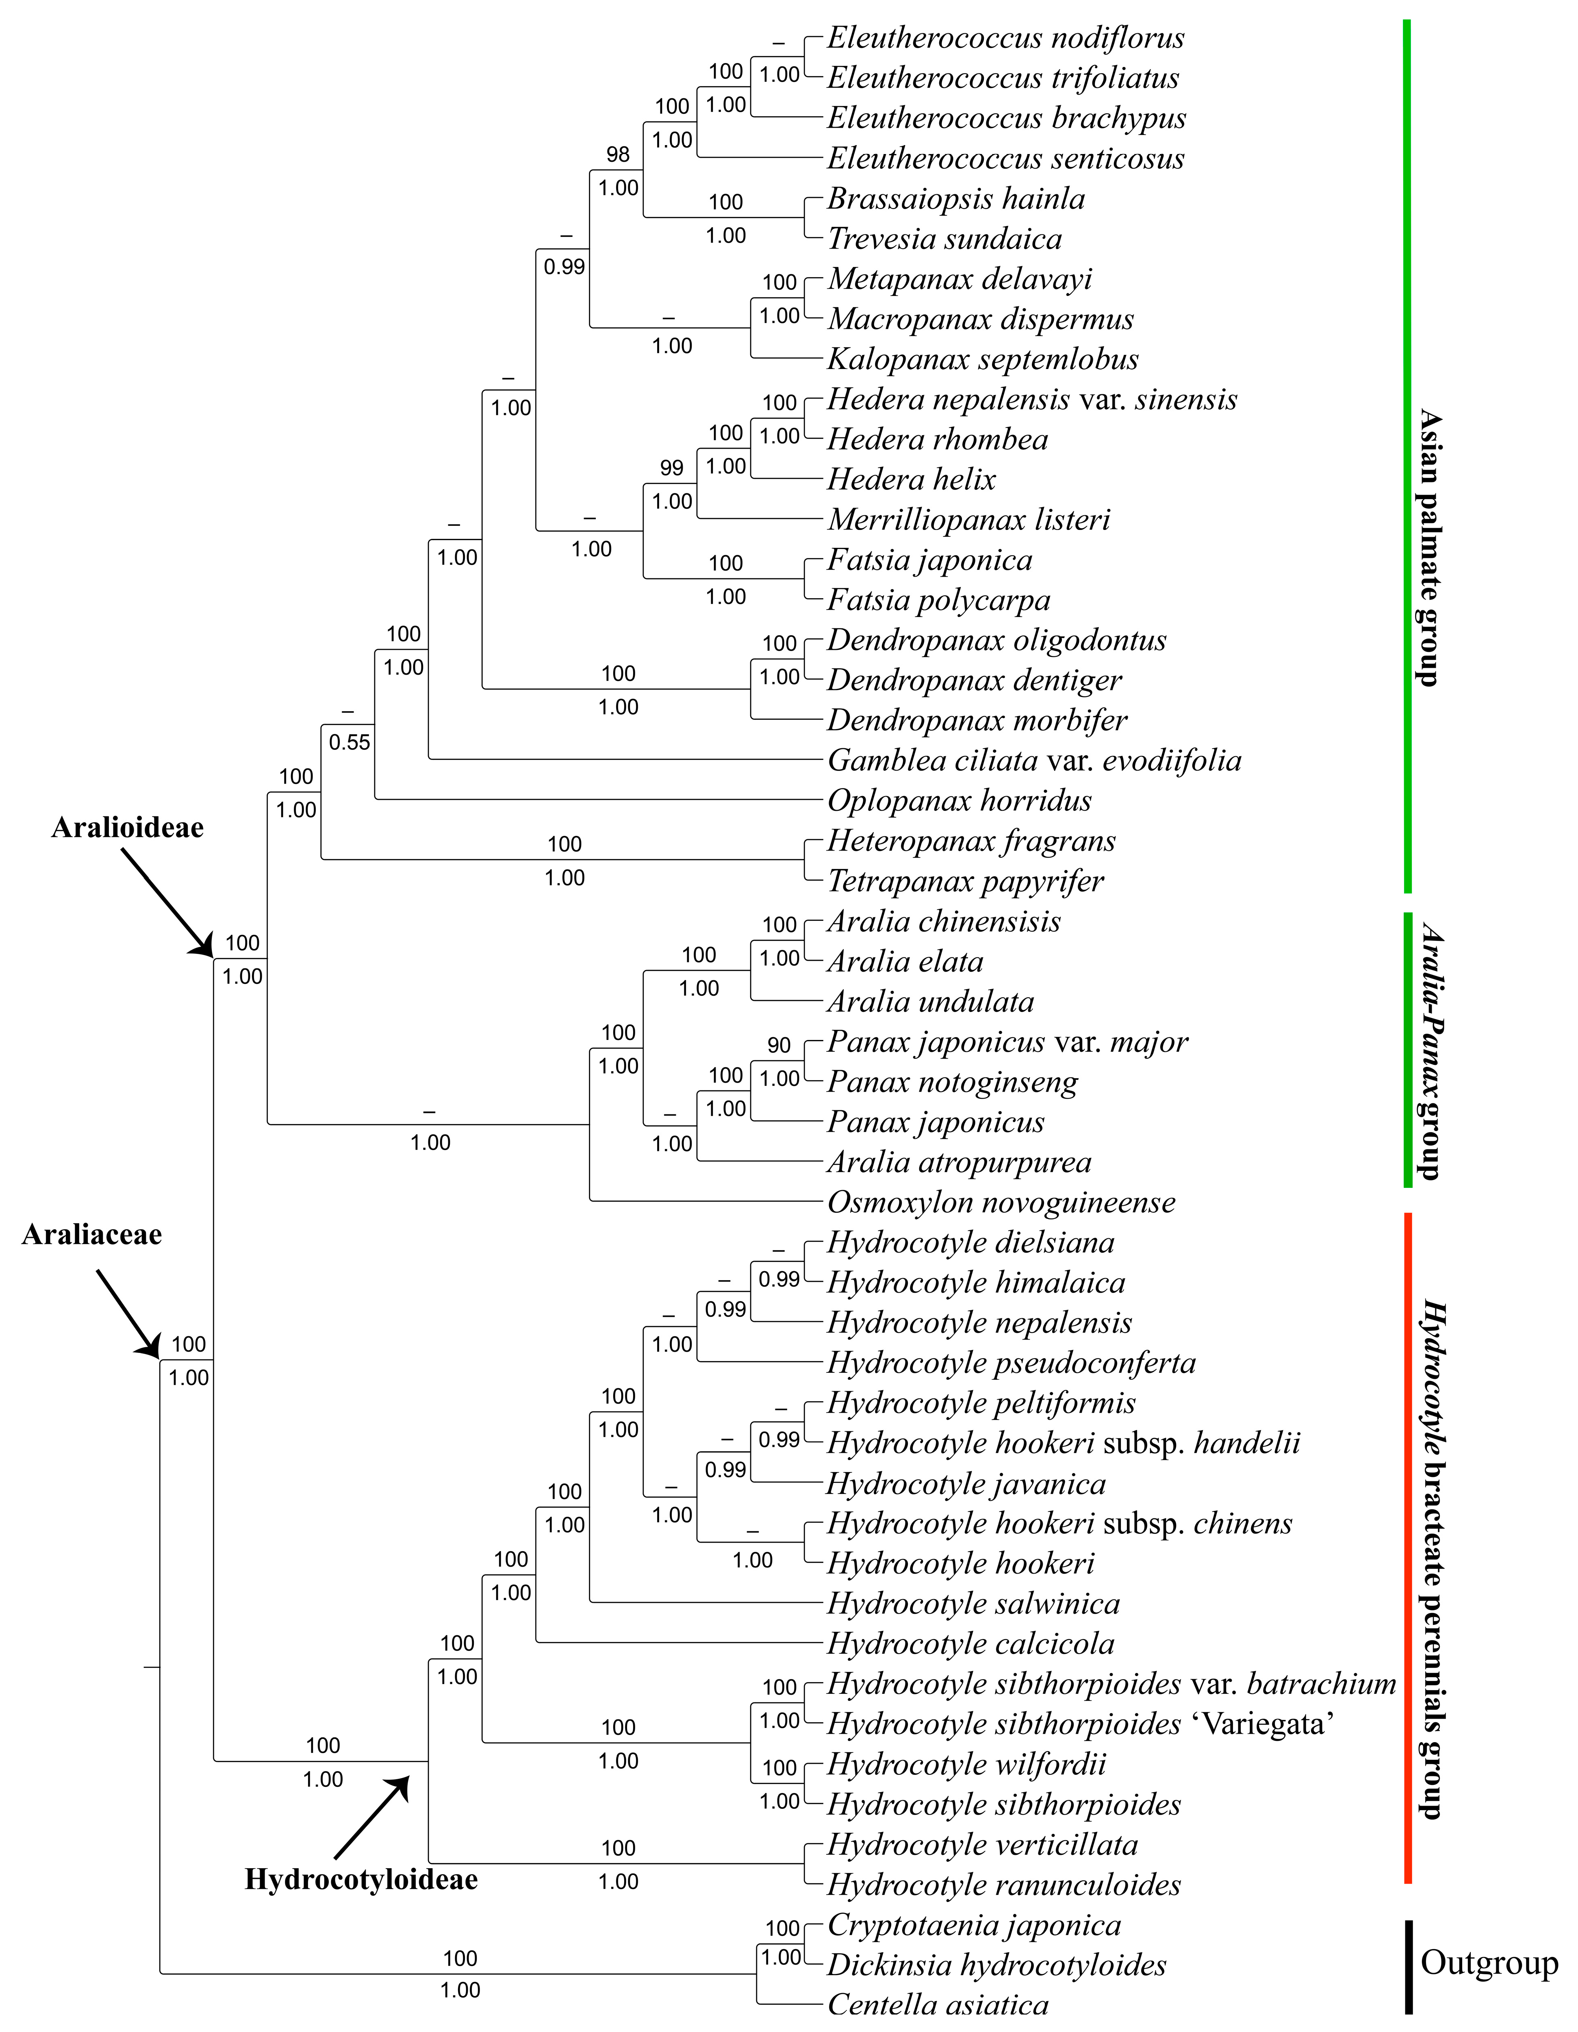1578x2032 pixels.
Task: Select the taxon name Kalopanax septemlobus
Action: point(983,359)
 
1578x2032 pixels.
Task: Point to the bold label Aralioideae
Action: point(128,827)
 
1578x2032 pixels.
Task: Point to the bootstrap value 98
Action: point(618,154)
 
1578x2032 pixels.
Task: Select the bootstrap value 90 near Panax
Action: point(779,1045)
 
